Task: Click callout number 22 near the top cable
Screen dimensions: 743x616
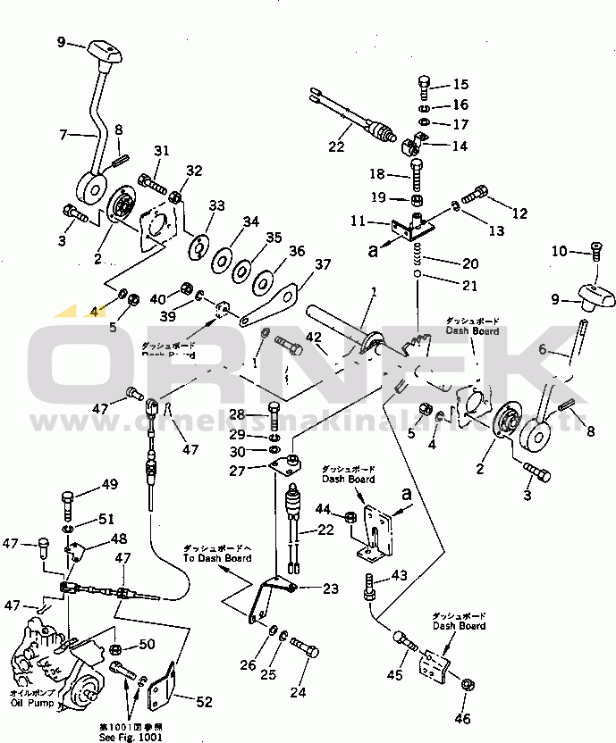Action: (x=337, y=147)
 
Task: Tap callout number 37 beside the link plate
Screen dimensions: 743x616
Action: (x=322, y=263)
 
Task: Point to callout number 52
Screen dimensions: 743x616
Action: (x=204, y=702)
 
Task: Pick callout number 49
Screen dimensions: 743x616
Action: (x=108, y=485)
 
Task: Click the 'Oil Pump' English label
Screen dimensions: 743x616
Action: (x=30, y=703)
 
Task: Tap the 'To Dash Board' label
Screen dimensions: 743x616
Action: (x=217, y=558)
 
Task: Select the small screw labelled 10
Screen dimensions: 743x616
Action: (x=596, y=252)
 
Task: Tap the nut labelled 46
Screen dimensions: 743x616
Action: (x=468, y=685)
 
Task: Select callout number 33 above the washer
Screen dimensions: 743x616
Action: (x=216, y=205)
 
